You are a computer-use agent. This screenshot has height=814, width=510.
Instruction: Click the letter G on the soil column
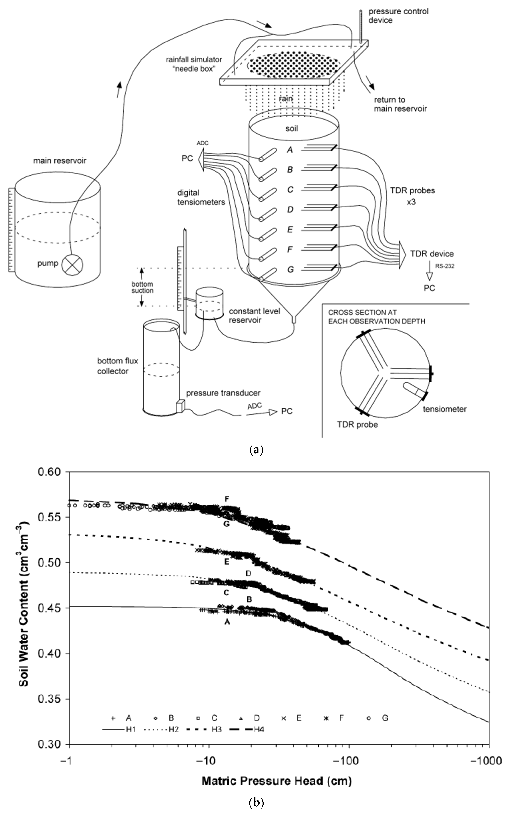pyautogui.click(x=290, y=269)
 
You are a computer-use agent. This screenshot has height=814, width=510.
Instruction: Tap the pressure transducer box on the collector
pyautogui.click(x=180, y=406)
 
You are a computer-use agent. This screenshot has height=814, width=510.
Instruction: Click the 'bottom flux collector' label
pyautogui.click(x=118, y=366)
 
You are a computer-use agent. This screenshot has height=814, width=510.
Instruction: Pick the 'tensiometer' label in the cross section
pyautogui.click(x=445, y=409)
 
